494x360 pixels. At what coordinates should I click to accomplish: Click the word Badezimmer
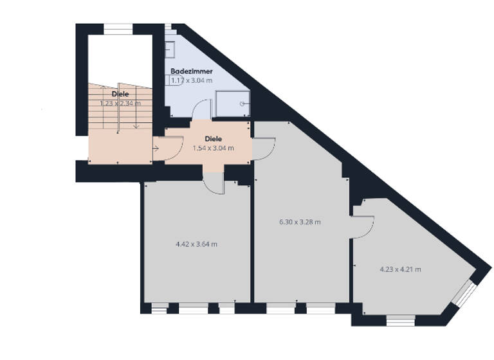192,71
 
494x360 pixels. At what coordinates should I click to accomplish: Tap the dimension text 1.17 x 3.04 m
192,80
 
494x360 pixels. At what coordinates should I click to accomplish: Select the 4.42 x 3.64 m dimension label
196,244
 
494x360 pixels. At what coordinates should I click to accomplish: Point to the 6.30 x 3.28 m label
300,222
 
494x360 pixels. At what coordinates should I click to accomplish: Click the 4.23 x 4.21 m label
400,269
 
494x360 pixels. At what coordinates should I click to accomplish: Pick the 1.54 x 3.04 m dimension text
214,148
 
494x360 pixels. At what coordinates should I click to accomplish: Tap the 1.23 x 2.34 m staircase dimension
120,103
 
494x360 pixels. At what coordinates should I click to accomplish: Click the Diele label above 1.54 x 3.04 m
214,139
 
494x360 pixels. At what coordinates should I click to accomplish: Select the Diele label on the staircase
120,94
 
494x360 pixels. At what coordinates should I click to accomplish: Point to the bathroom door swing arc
203,109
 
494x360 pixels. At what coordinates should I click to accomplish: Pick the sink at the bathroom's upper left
170,49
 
